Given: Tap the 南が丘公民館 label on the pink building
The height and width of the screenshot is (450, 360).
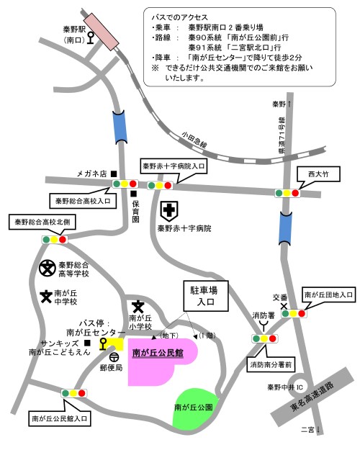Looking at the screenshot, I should (x=158, y=354).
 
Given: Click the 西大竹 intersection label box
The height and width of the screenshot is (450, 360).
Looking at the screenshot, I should (x=318, y=174).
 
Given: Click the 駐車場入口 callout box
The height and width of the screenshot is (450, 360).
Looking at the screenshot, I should (x=204, y=296).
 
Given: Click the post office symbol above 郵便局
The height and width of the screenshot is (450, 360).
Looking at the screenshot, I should (x=114, y=356).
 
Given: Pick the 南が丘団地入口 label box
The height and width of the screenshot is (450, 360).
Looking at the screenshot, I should (x=329, y=294).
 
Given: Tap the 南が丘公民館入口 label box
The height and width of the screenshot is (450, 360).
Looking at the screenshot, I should (x=60, y=417).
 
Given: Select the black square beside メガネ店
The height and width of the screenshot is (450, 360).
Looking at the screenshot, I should (x=114, y=174).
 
